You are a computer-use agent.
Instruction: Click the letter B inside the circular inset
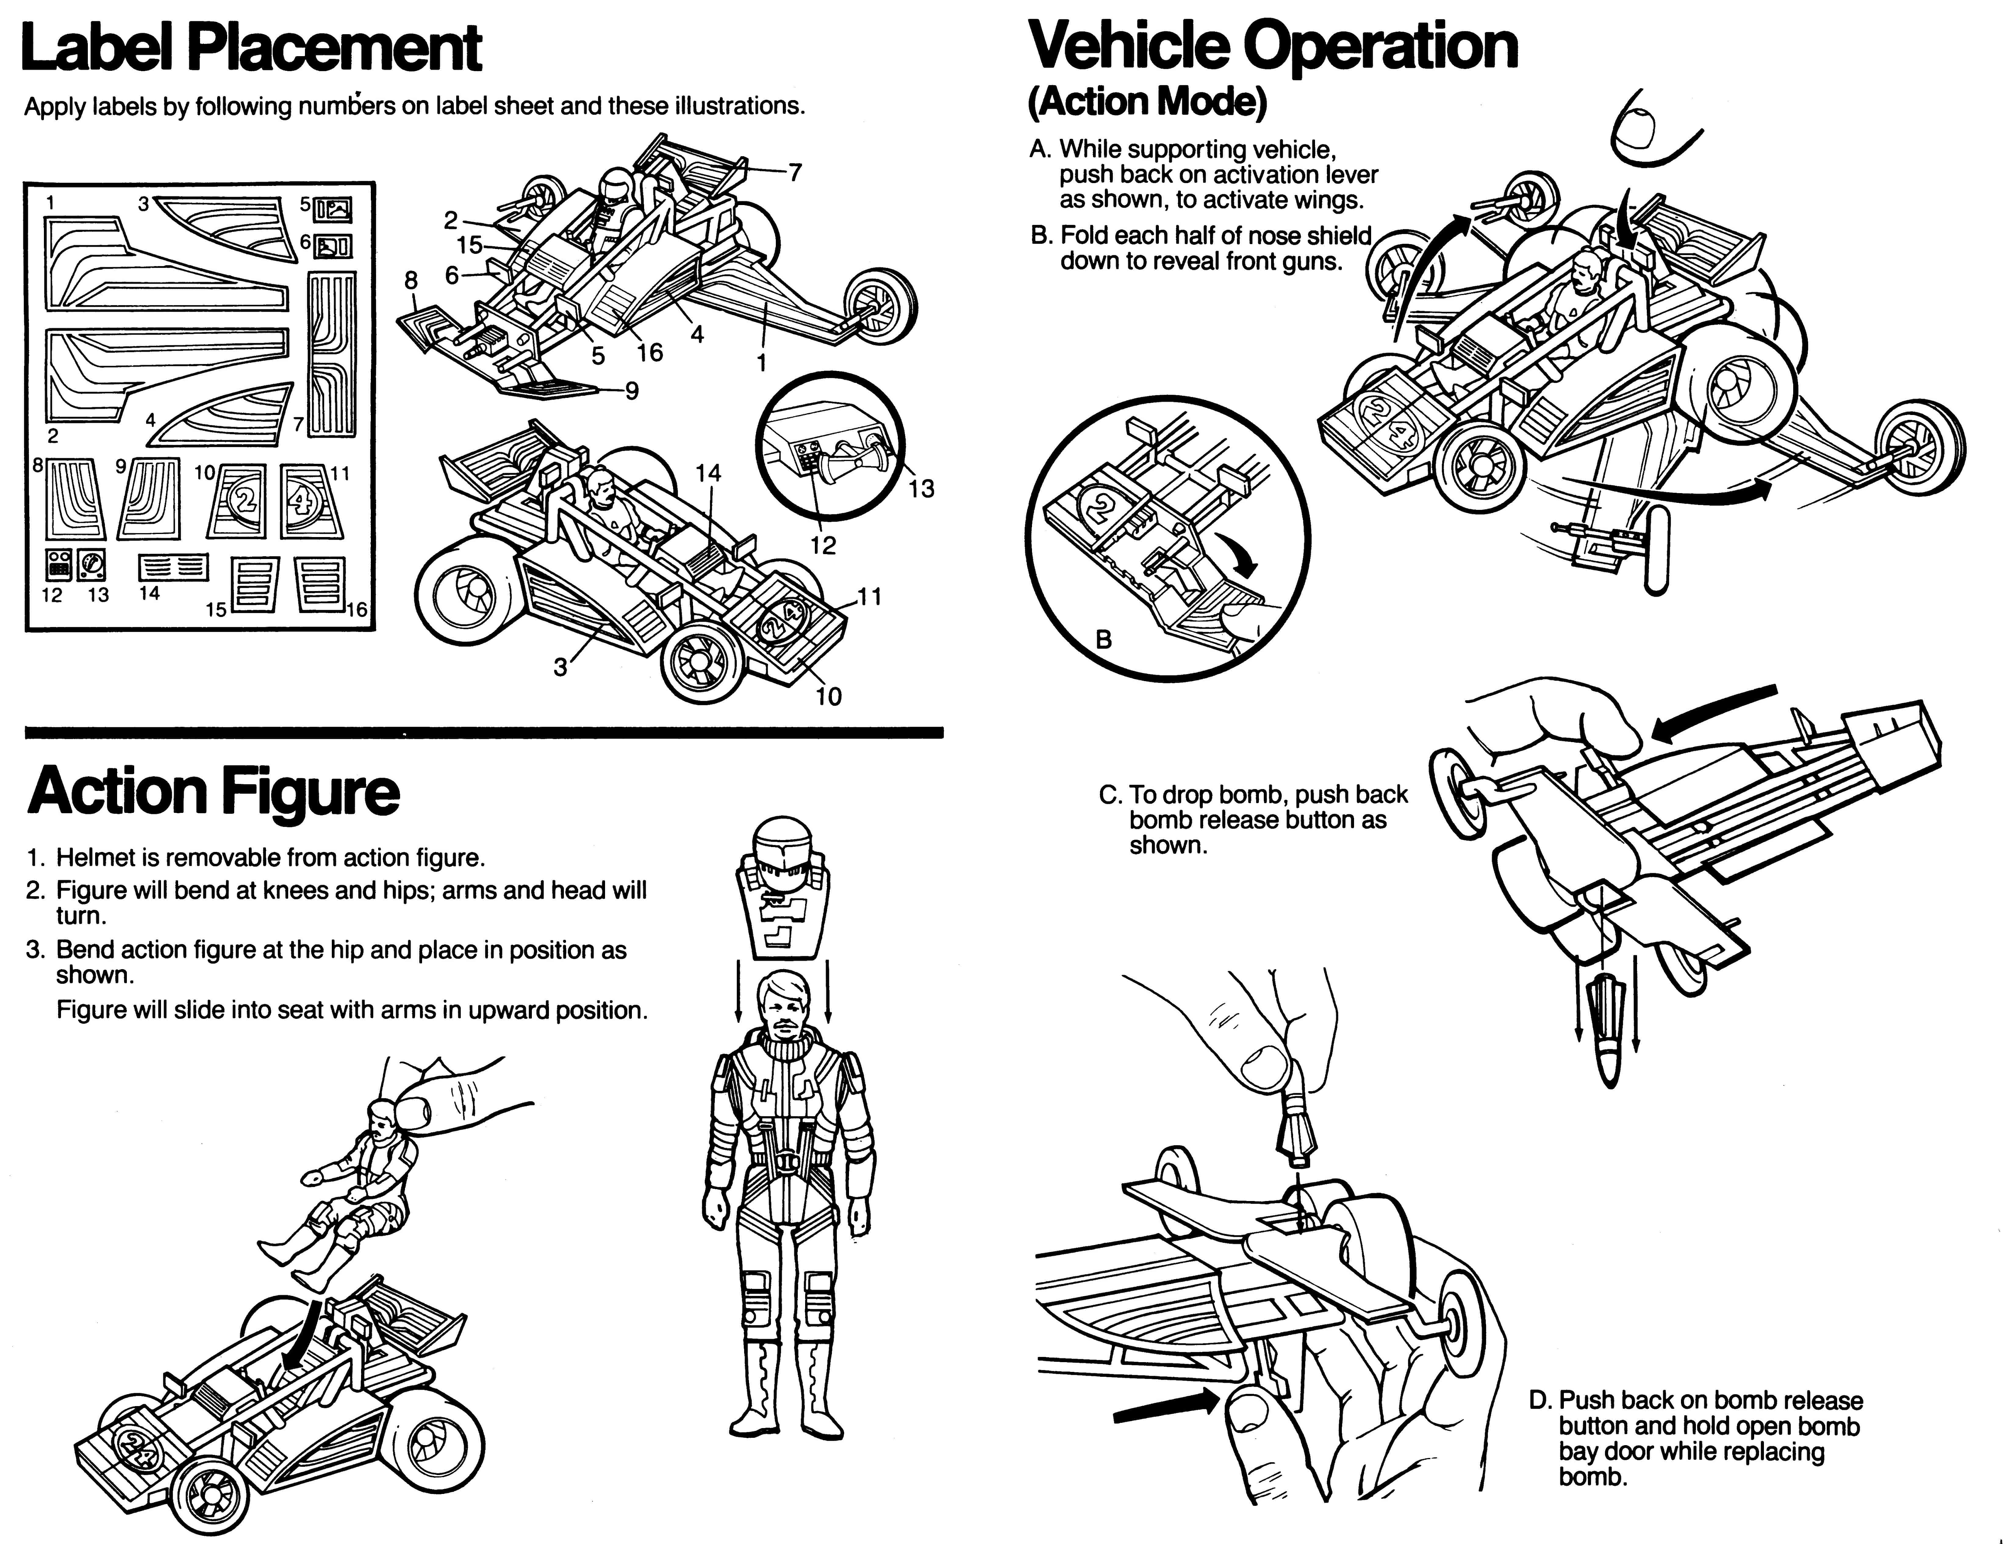click(1104, 640)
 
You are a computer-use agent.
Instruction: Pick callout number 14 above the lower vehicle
click(708, 473)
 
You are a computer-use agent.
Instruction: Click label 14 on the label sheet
click(173, 569)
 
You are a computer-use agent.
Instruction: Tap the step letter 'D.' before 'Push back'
click(1540, 1400)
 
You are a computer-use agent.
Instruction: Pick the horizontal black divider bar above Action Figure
click(484, 732)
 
